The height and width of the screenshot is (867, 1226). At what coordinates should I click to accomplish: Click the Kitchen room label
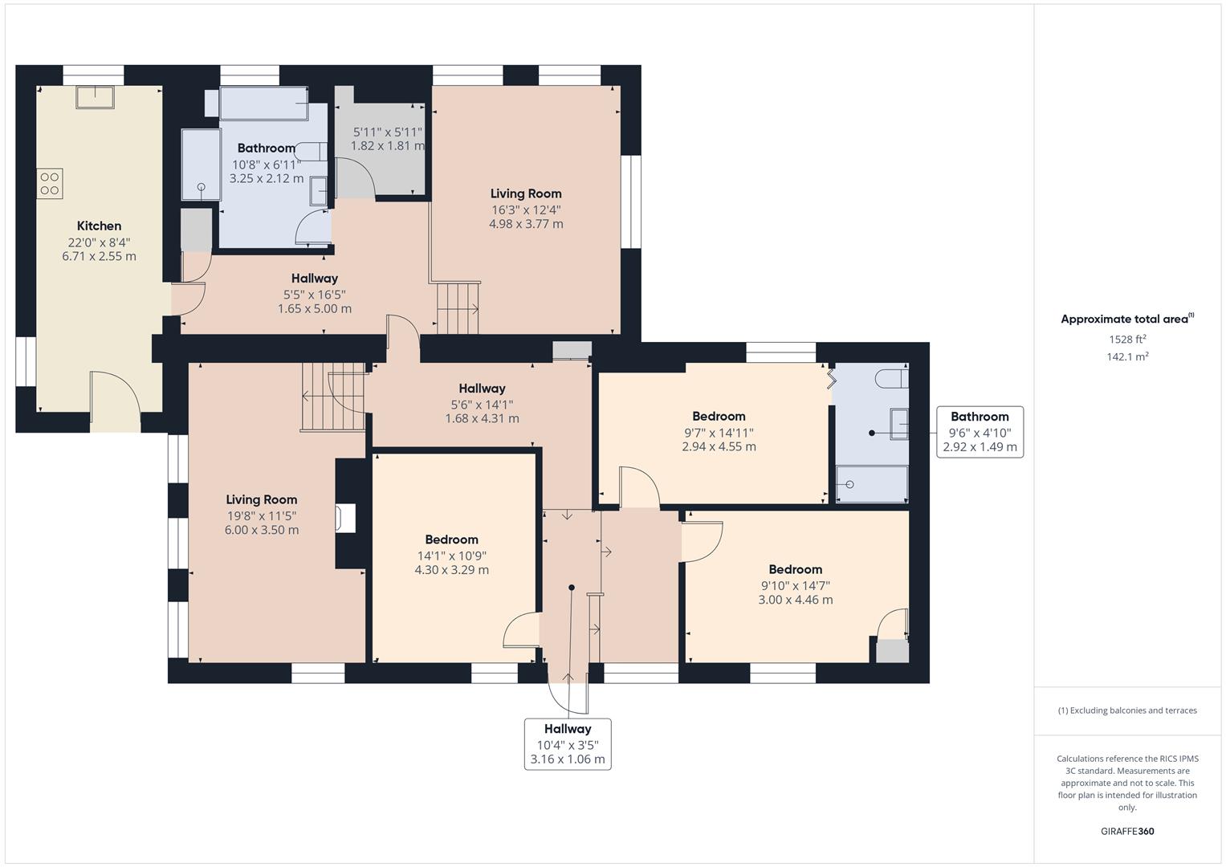pos(99,226)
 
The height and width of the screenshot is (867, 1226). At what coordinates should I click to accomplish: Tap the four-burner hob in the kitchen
pos(50,184)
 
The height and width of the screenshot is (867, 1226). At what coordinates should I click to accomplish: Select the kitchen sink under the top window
pos(95,97)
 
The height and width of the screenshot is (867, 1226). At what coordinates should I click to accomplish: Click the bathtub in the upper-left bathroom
pos(263,104)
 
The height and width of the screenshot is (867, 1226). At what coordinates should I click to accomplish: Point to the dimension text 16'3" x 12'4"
pos(526,210)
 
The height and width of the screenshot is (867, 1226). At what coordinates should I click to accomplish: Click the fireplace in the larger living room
pos(346,518)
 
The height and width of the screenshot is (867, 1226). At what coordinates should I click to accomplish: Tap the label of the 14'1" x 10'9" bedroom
pos(451,539)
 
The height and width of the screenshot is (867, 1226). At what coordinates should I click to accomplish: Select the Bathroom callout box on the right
pos(980,432)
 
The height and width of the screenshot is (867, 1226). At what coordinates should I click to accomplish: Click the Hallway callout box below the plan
pos(568,743)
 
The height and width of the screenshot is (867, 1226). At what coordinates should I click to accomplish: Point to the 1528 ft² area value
pos(1127,340)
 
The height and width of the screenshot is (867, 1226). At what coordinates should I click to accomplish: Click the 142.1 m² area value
pos(1127,357)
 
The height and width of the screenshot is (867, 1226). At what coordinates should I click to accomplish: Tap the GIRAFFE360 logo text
pos(1127,831)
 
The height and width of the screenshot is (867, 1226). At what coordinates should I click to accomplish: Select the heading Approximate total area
pos(1124,320)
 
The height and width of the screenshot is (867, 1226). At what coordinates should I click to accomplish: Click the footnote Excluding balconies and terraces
pos(1127,710)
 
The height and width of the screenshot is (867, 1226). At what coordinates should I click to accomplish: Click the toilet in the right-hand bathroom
pos(892,378)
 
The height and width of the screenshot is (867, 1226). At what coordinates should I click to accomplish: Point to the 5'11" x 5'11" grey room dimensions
pos(387,132)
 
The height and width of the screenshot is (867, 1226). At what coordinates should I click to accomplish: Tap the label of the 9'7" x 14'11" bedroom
pos(719,416)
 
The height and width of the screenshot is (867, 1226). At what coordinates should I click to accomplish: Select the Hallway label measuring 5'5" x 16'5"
pos(315,279)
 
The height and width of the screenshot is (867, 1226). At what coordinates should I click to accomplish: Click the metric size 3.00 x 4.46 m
pos(795,600)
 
